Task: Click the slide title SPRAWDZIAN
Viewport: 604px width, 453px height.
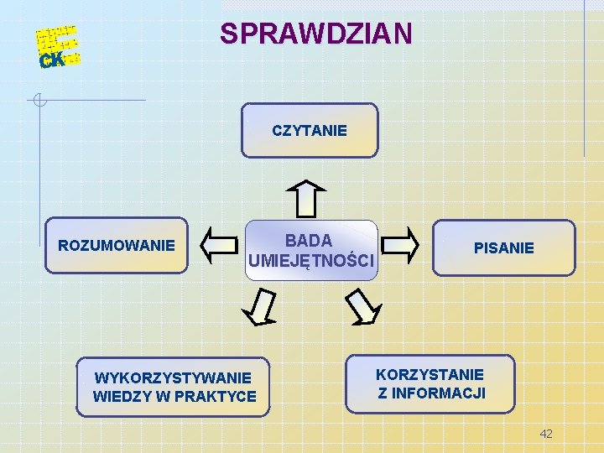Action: (x=315, y=34)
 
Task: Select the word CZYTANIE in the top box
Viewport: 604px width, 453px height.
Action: (x=310, y=131)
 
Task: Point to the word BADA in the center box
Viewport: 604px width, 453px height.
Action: (x=310, y=241)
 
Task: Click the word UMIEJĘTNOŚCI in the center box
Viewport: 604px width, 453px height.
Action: (x=311, y=262)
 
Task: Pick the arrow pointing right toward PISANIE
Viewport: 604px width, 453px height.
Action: (x=400, y=245)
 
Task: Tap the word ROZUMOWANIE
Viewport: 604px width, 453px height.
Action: (x=117, y=246)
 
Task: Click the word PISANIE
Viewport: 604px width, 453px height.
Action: (x=504, y=247)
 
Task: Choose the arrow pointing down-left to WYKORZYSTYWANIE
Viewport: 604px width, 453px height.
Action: (x=261, y=306)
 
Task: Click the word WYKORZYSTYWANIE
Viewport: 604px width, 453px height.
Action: (x=173, y=378)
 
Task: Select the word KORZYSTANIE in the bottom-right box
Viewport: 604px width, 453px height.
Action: (x=430, y=374)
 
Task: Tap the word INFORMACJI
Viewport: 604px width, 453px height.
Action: (x=440, y=393)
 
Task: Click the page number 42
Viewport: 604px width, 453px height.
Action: (x=546, y=433)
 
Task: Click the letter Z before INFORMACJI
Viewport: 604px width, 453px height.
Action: (x=383, y=393)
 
